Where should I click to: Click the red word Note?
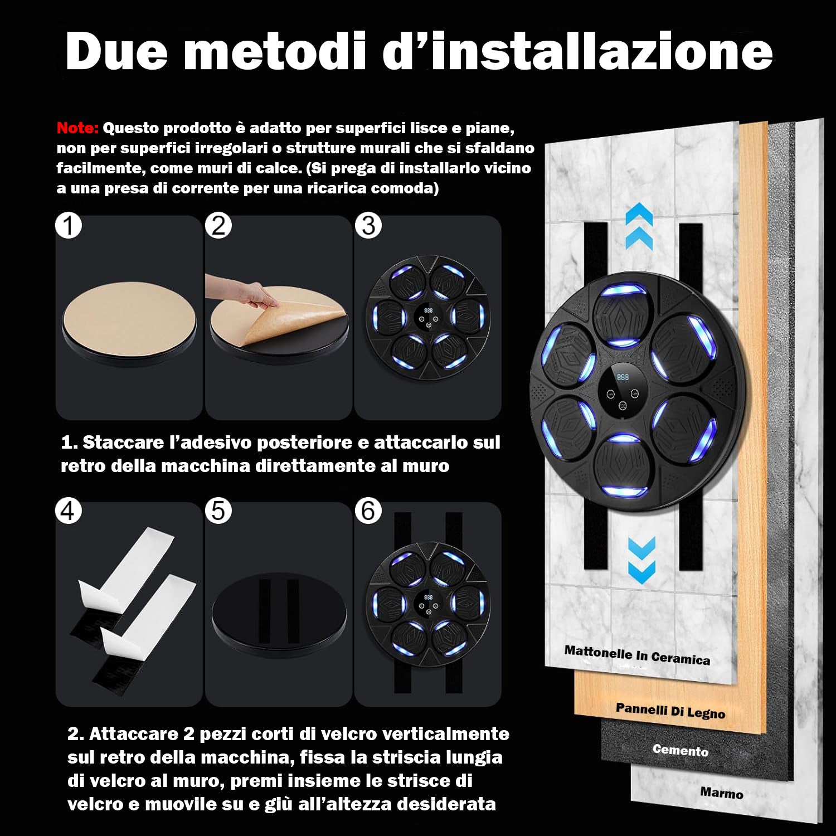pos(77,128)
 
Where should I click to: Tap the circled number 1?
pos(69,226)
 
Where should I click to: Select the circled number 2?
pos(218,226)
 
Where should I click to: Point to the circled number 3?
pos(368,226)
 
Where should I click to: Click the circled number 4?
pos(69,511)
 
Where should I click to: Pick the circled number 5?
pos(218,511)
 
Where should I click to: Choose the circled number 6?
pos(368,511)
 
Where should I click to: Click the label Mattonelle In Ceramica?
pos(637,655)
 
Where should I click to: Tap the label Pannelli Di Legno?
pos(670,711)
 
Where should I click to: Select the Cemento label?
pos(681,750)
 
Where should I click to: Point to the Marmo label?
pos(721,793)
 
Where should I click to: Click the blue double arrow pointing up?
pos(639,226)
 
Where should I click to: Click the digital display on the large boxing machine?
pos(623,377)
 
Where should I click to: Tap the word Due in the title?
pos(116,51)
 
